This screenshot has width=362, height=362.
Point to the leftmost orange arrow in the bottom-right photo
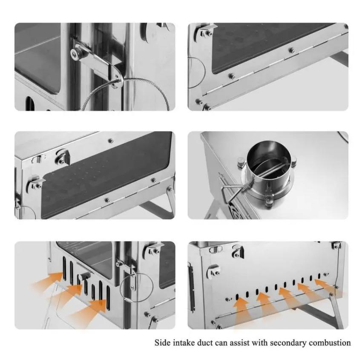(241, 310)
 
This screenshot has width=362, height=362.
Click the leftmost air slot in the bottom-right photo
(237, 297)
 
